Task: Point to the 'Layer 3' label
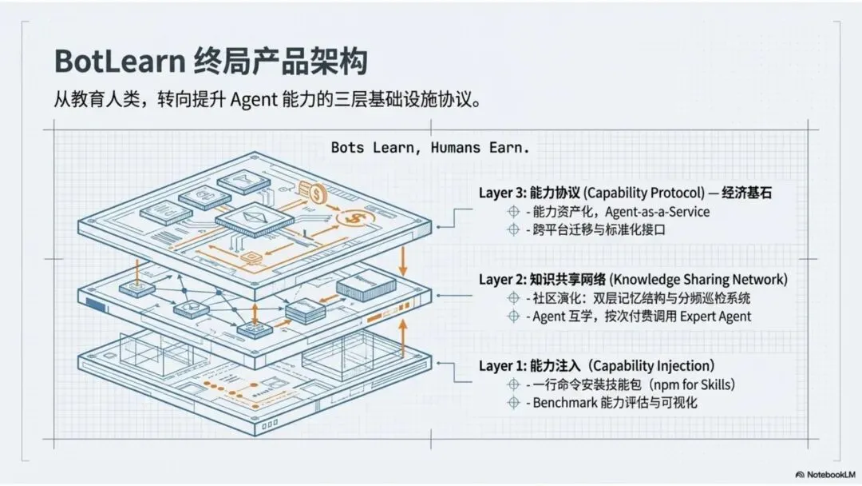point(501,193)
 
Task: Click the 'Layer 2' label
point(501,279)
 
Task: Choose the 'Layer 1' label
point(501,366)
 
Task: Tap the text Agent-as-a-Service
point(654,212)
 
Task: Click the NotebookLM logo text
point(823,473)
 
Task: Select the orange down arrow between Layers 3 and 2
point(404,258)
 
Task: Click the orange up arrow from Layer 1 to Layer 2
point(404,337)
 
